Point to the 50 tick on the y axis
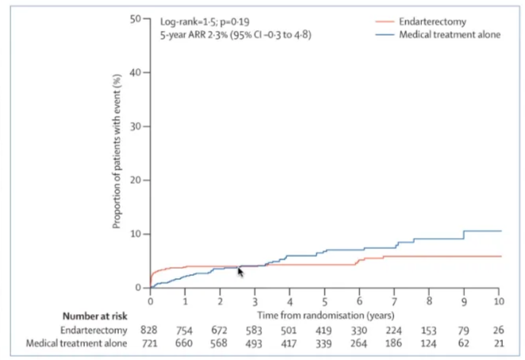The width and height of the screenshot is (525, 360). click(136, 18)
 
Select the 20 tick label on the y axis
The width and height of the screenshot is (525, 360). click(136, 180)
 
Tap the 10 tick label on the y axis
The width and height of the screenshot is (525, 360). click(136, 234)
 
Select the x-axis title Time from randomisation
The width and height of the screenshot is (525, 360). click(324, 314)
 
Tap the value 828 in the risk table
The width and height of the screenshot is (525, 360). click(150, 329)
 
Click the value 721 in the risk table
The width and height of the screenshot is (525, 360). click(150, 343)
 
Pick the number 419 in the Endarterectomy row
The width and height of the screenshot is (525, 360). click(324, 329)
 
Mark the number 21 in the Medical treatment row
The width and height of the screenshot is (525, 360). click(499, 343)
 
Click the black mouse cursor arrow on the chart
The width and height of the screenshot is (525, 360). click(240, 272)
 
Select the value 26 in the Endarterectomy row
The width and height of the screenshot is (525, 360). click(499, 329)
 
